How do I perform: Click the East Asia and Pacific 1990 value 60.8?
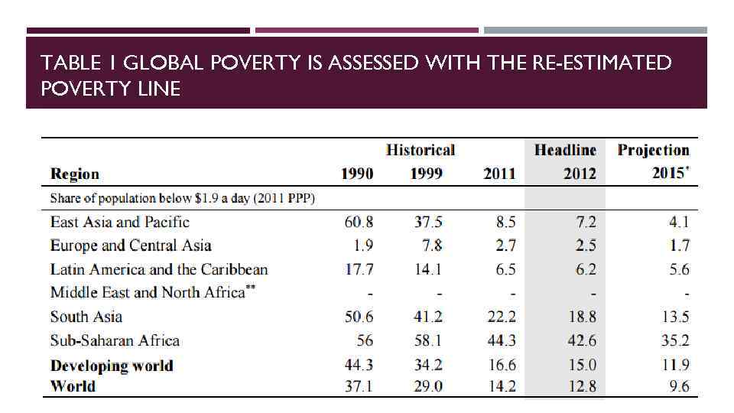coord(358,223)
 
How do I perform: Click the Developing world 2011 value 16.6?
coord(501,366)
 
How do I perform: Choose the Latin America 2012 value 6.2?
coord(583,269)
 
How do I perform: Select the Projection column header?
coord(653,150)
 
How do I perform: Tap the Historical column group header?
coord(420,150)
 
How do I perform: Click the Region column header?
coord(75,174)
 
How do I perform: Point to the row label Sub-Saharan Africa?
coord(115,340)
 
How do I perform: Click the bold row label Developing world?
coord(112,366)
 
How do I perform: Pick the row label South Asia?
coord(86,317)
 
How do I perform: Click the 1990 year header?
coord(357,174)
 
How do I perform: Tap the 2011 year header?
coord(499,174)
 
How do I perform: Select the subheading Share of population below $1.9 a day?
coord(183,199)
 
